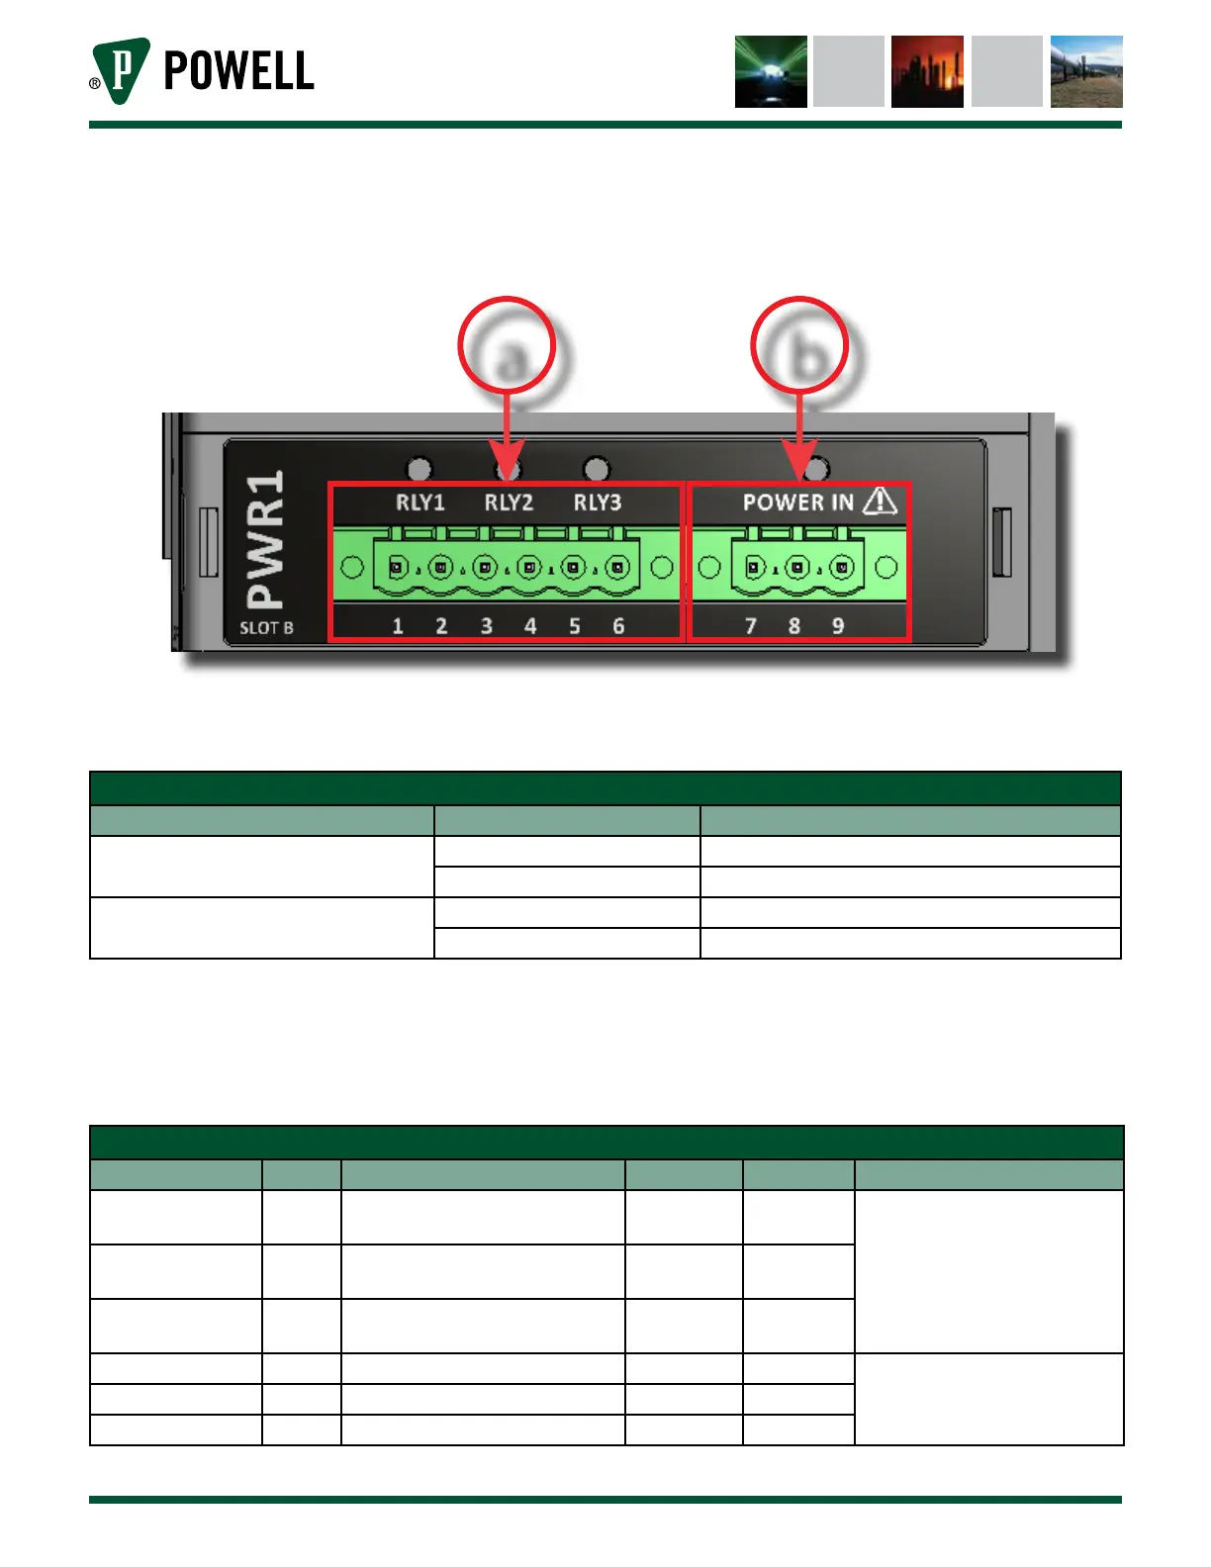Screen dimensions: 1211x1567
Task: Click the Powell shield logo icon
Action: pos(121,71)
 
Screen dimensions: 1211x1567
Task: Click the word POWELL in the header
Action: pos(238,71)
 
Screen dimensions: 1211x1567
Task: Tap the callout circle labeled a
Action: pos(507,347)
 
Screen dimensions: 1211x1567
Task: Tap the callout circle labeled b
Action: pos(799,347)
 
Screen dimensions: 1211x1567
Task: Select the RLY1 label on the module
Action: pos(420,503)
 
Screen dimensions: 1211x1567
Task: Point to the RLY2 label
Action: pos(509,503)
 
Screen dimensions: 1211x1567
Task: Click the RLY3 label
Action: pos(598,503)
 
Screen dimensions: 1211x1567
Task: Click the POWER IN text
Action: pos(797,503)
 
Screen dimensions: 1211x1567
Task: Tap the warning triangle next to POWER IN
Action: pos(880,502)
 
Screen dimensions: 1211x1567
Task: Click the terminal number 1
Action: pos(398,626)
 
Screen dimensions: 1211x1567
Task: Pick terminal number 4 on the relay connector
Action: pos(530,626)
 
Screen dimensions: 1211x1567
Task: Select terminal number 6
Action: pos(618,626)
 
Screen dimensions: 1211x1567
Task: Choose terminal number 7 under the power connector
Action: pos(751,626)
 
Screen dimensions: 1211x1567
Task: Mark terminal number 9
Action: pos(838,626)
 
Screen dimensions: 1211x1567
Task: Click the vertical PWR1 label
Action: pos(265,539)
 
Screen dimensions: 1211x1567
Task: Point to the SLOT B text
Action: pos(266,628)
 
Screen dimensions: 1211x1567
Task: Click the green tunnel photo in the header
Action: pos(771,71)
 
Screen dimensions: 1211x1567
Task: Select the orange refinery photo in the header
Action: pos(927,71)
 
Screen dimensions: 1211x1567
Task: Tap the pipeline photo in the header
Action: pos(1086,71)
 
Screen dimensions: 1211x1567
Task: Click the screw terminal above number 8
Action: pos(798,568)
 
